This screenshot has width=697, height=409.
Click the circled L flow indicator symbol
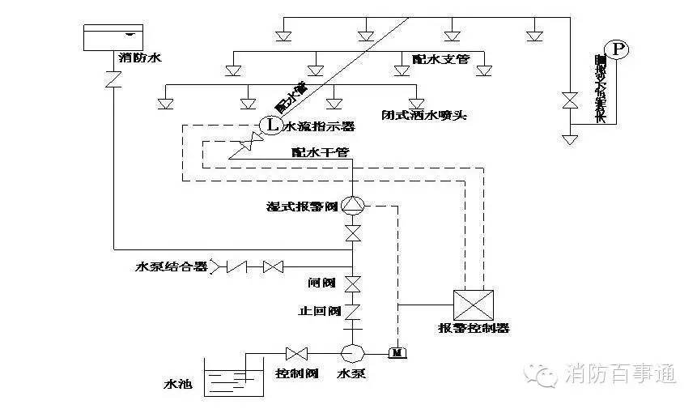click(x=270, y=126)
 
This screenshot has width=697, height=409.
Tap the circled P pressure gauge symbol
click(x=619, y=50)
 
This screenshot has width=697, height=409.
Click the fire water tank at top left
click(x=113, y=36)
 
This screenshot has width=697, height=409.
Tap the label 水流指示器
click(x=317, y=126)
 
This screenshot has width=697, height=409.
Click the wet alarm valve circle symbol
click(x=353, y=206)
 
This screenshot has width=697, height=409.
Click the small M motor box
click(x=397, y=352)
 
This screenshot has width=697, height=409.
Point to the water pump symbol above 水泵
click(x=353, y=353)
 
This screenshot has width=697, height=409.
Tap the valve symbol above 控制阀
click(x=297, y=354)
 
